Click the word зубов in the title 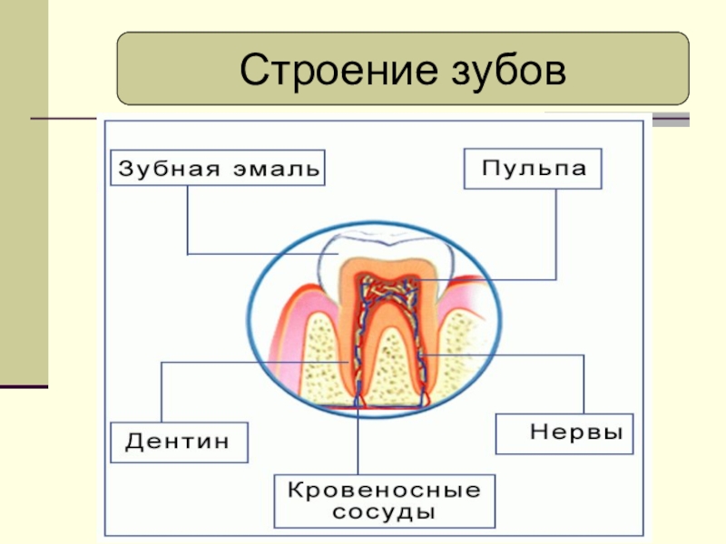click(x=494, y=71)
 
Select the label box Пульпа click(x=533, y=170)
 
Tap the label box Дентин click(x=178, y=442)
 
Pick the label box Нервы click(x=564, y=433)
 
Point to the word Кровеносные click(x=385, y=491)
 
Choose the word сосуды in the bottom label click(x=385, y=512)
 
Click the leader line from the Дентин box click(x=162, y=390)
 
